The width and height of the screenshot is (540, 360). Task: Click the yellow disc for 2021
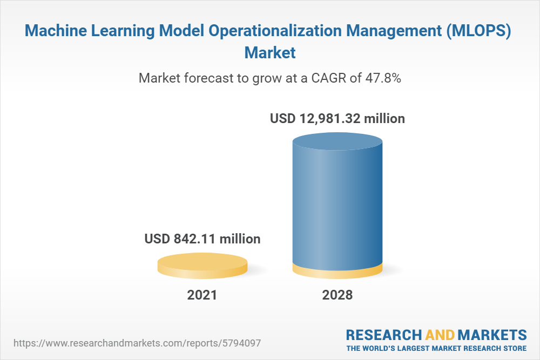pyautogui.click(x=202, y=266)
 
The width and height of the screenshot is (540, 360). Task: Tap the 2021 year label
pyautogui.click(x=202, y=295)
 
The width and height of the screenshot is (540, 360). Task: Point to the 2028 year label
pyautogui.click(x=337, y=295)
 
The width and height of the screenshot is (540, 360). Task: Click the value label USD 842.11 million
pyautogui.click(x=202, y=239)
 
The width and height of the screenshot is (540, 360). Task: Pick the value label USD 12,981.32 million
pyautogui.click(x=337, y=118)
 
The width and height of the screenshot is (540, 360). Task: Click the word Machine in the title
pyautogui.click(x=56, y=30)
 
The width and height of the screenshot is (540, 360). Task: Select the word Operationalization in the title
pyautogui.click(x=275, y=31)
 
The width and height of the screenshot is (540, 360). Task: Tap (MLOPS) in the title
pyautogui.click(x=478, y=31)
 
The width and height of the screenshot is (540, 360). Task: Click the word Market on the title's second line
pyautogui.click(x=270, y=53)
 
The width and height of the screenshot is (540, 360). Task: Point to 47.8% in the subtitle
pyautogui.click(x=383, y=78)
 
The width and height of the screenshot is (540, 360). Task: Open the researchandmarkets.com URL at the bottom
pyautogui.click(x=137, y=343)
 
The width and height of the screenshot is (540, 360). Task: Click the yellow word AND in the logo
pyautogui.click(x=440, y=335)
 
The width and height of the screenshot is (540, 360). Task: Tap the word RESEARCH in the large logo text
pyautogui.click(x=384, y=335)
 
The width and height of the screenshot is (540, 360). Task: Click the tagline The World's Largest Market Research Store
pyautogui.click(x=436, y=348)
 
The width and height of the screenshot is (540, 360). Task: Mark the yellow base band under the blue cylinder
pyautogui.click(x=337, y=271)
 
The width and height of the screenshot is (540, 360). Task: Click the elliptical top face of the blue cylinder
pyautogui.click(x=337, y=141)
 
